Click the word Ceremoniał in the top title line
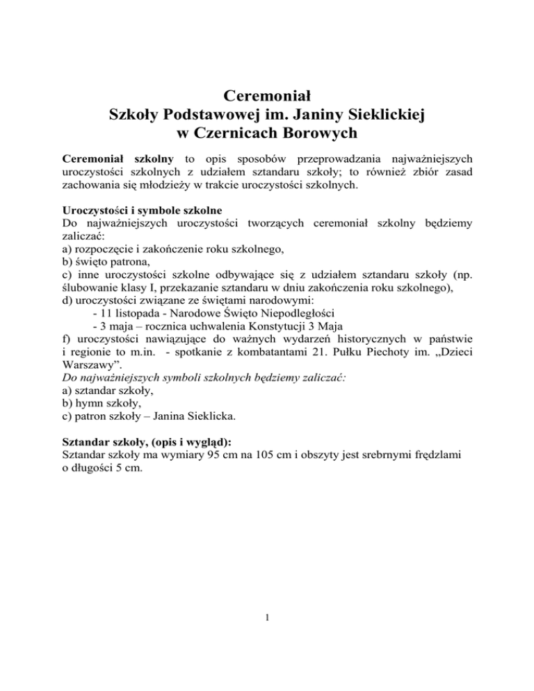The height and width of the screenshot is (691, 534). tap(267, 94)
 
